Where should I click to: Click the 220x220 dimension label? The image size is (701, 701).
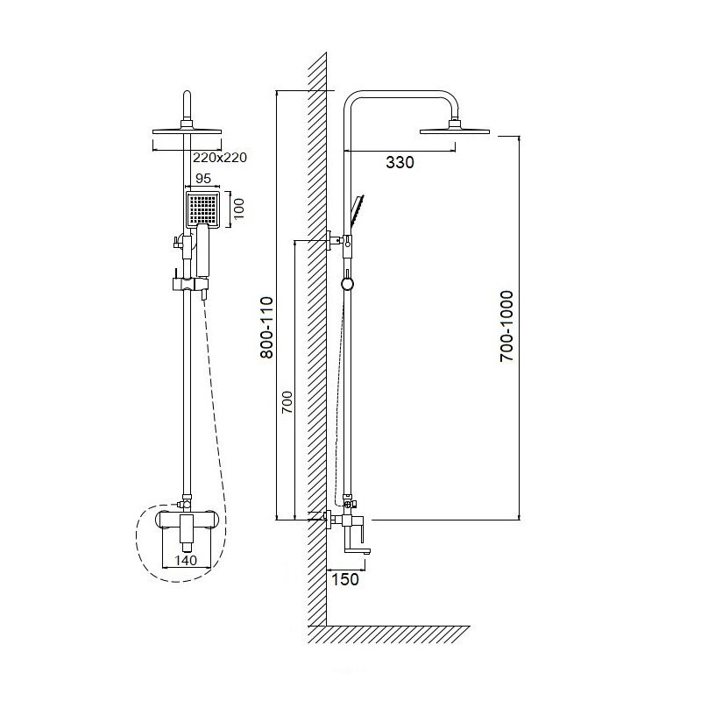[x=220, y=158]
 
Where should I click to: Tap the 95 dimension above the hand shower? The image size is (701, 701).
[x=203, y=179]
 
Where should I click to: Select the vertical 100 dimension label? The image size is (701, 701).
[x=239, y=209]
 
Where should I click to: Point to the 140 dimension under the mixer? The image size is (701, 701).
[x=186, y=560]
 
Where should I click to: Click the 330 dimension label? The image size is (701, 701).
[x=400, y=162]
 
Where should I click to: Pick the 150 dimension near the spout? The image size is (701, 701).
[x=345, y=579]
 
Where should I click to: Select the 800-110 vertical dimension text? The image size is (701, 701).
[x=267, y=327]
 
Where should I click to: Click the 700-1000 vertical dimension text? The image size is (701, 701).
[x=507, y=326]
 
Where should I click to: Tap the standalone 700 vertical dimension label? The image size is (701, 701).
[x=287, y=402]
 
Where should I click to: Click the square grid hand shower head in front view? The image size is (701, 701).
[x=202, y=209]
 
